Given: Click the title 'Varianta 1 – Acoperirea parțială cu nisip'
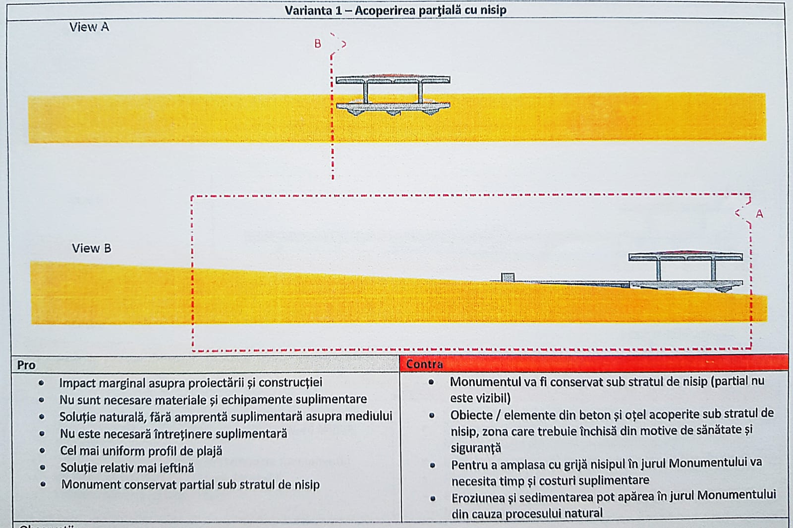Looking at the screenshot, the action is pos(396,10).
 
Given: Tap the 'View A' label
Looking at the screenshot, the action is pos(89,27).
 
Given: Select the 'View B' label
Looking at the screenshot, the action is pos(91,248).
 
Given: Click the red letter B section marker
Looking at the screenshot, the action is pos(318,44).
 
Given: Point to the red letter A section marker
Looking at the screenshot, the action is pos(759,213).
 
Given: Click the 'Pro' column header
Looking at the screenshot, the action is pos(26,365).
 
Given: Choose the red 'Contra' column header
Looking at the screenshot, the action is pos(424,364).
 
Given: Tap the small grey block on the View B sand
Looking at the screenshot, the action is pos(508,277).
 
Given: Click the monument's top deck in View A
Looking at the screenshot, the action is pos(393,79).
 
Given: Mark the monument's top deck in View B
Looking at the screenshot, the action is pos(685,256).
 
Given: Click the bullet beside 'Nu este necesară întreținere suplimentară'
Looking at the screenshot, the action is pos(42,433).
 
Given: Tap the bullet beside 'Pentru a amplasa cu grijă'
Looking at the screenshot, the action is pos(432,466).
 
